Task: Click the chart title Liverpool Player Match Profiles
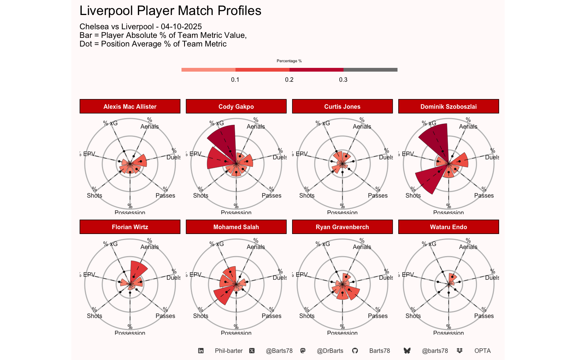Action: point(170,11)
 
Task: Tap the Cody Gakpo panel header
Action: point(236,106)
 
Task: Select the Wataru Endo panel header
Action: point(448,227)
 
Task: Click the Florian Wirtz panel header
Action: point(130,227)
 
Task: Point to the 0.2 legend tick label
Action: point(289,79)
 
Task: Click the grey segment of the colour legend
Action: point(370,70)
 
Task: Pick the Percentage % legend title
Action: point(289,61)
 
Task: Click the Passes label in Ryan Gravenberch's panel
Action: point(378,316)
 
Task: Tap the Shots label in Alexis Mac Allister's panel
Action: point(94,195)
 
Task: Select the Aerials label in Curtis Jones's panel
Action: point(362,126)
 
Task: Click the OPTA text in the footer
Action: point(482,351)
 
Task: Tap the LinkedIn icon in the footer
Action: point(201,351)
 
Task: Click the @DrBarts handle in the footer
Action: point(330,351)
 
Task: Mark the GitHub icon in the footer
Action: point(355,351)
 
